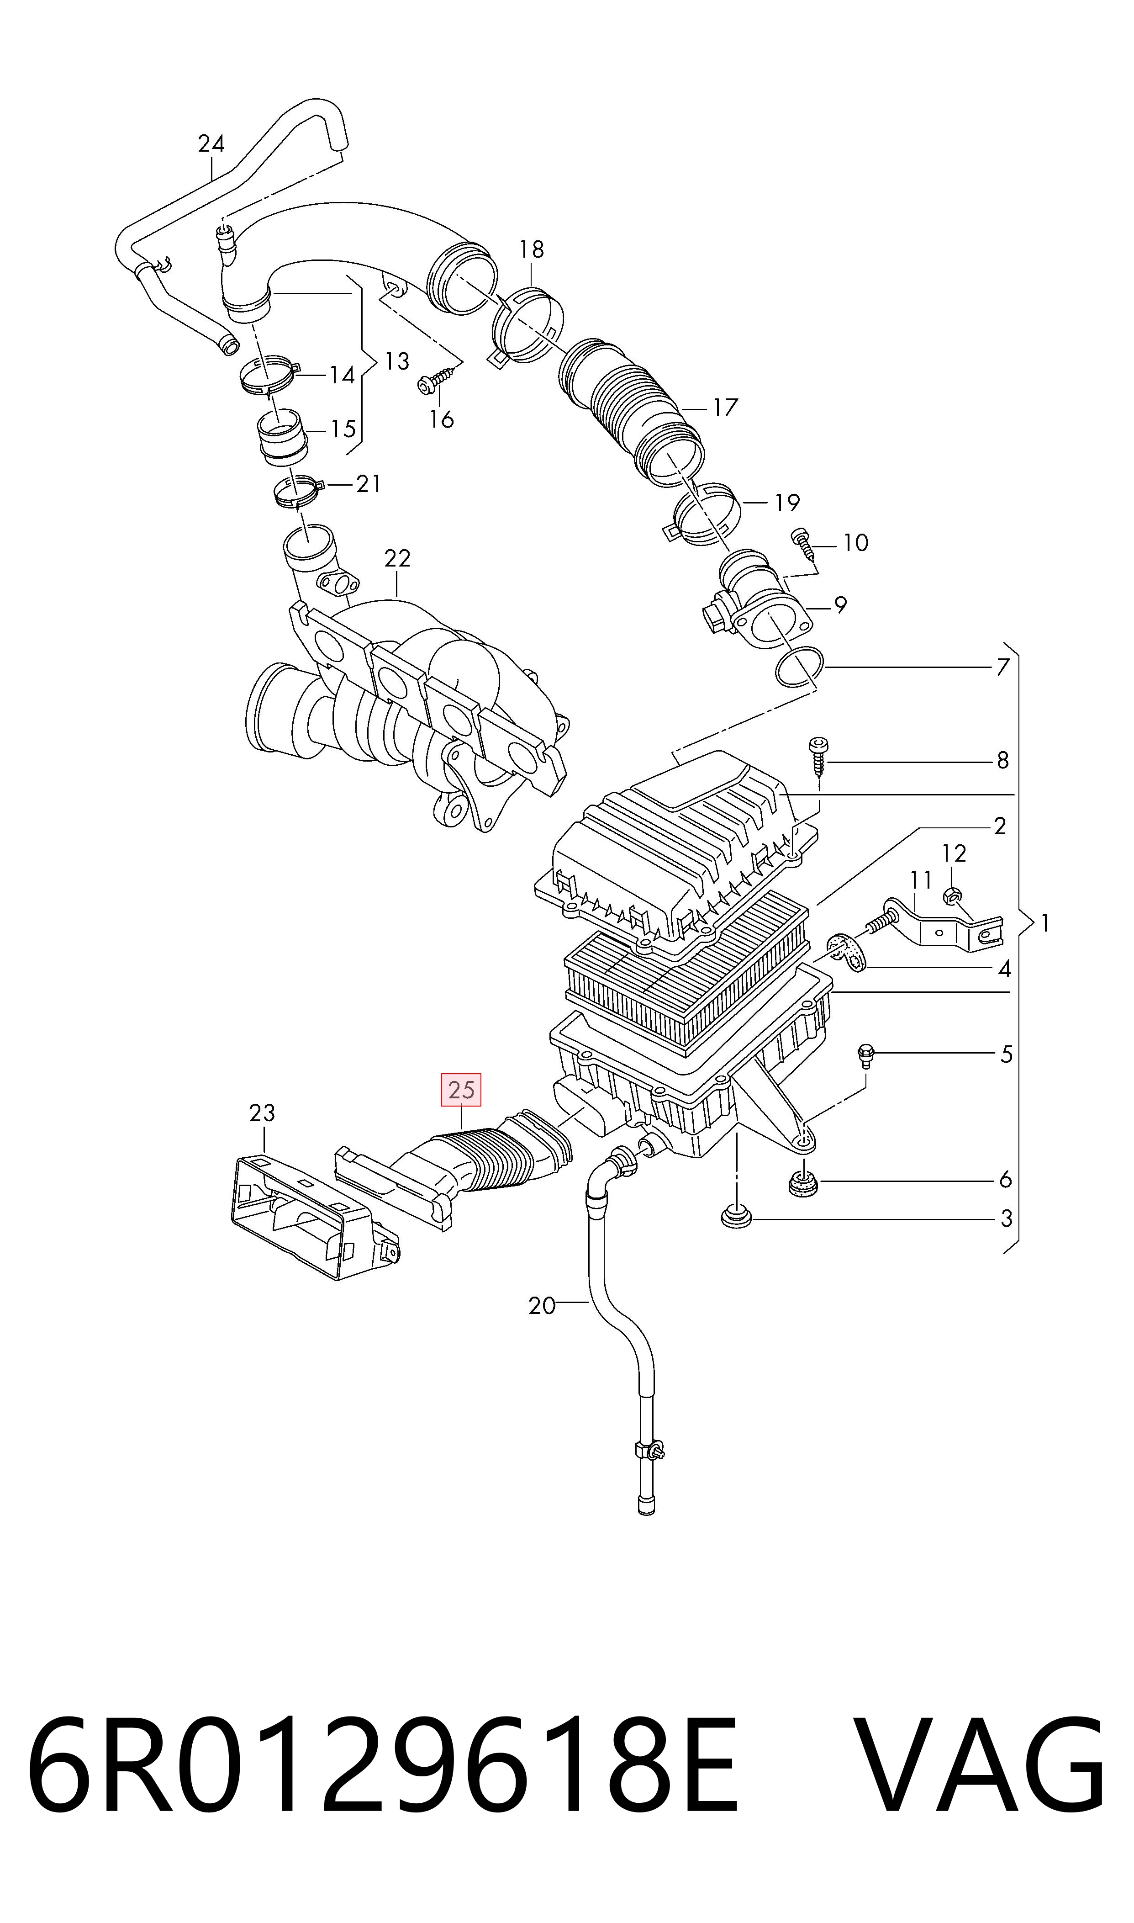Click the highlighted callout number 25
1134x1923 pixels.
[462, 1090]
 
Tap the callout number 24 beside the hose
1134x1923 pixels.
[211, 144]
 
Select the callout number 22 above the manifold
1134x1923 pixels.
[397, 559]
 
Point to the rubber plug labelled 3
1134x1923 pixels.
[736, 1217]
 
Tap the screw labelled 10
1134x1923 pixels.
[803, 541]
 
